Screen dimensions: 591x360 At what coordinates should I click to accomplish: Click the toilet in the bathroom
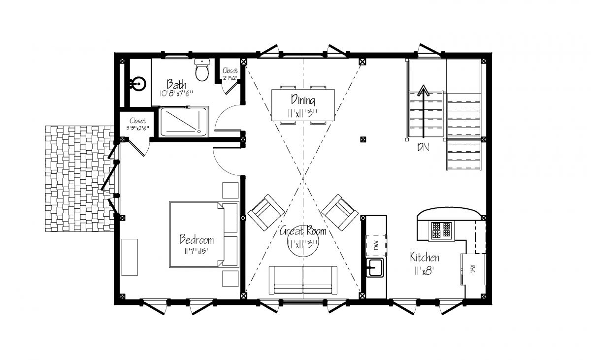202,69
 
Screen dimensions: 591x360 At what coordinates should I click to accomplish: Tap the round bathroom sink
138,84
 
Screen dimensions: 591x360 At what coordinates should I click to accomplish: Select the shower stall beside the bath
183,122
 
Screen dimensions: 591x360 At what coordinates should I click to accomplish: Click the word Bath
176,84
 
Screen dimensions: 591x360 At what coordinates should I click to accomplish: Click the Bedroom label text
197,239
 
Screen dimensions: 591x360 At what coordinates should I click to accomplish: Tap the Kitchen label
425,257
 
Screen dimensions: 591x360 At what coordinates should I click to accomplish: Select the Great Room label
303,231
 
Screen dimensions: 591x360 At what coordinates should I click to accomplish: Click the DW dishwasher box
376,245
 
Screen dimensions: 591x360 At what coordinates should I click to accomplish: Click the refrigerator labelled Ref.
474,269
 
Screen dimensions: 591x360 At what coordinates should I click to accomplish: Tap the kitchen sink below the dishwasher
375,268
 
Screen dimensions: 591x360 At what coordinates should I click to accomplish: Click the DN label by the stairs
423,147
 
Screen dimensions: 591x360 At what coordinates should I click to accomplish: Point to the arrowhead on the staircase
424,90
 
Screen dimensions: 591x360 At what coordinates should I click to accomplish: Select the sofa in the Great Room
303,280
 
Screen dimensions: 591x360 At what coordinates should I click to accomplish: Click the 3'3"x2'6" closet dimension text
137,128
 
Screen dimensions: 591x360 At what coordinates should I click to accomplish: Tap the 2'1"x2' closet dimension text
230,78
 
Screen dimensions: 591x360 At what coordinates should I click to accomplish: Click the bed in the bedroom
204,235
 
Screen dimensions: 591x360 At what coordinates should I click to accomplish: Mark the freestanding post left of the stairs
363,139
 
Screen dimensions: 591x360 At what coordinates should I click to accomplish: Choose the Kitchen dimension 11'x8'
425,271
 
